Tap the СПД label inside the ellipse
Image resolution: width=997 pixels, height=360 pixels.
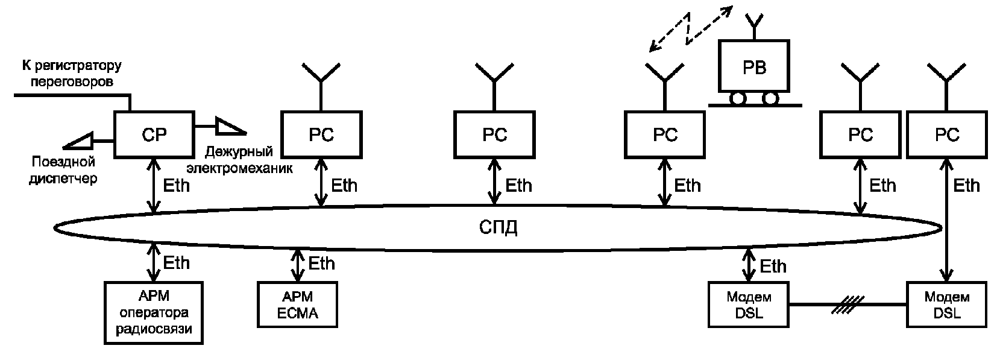(x=498, y=227)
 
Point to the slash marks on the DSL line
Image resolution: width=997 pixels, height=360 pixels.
(x=848, y=305)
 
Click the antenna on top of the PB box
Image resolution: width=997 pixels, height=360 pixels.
(x=754, y=26)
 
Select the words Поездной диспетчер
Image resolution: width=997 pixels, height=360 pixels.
(x=63, y=170)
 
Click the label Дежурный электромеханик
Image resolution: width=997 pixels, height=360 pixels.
(x=239, y=160)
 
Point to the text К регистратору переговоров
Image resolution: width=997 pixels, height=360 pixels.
(x=72, y=74)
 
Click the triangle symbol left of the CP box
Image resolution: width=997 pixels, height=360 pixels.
(x=78, y=141)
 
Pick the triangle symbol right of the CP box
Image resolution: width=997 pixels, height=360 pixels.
(x=231, y=126)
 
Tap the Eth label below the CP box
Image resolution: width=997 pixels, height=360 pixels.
(x=176, y=186)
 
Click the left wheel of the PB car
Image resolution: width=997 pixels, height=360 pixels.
(x=738, y=98)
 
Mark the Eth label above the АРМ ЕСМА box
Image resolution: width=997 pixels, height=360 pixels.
(x=321, y=264)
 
